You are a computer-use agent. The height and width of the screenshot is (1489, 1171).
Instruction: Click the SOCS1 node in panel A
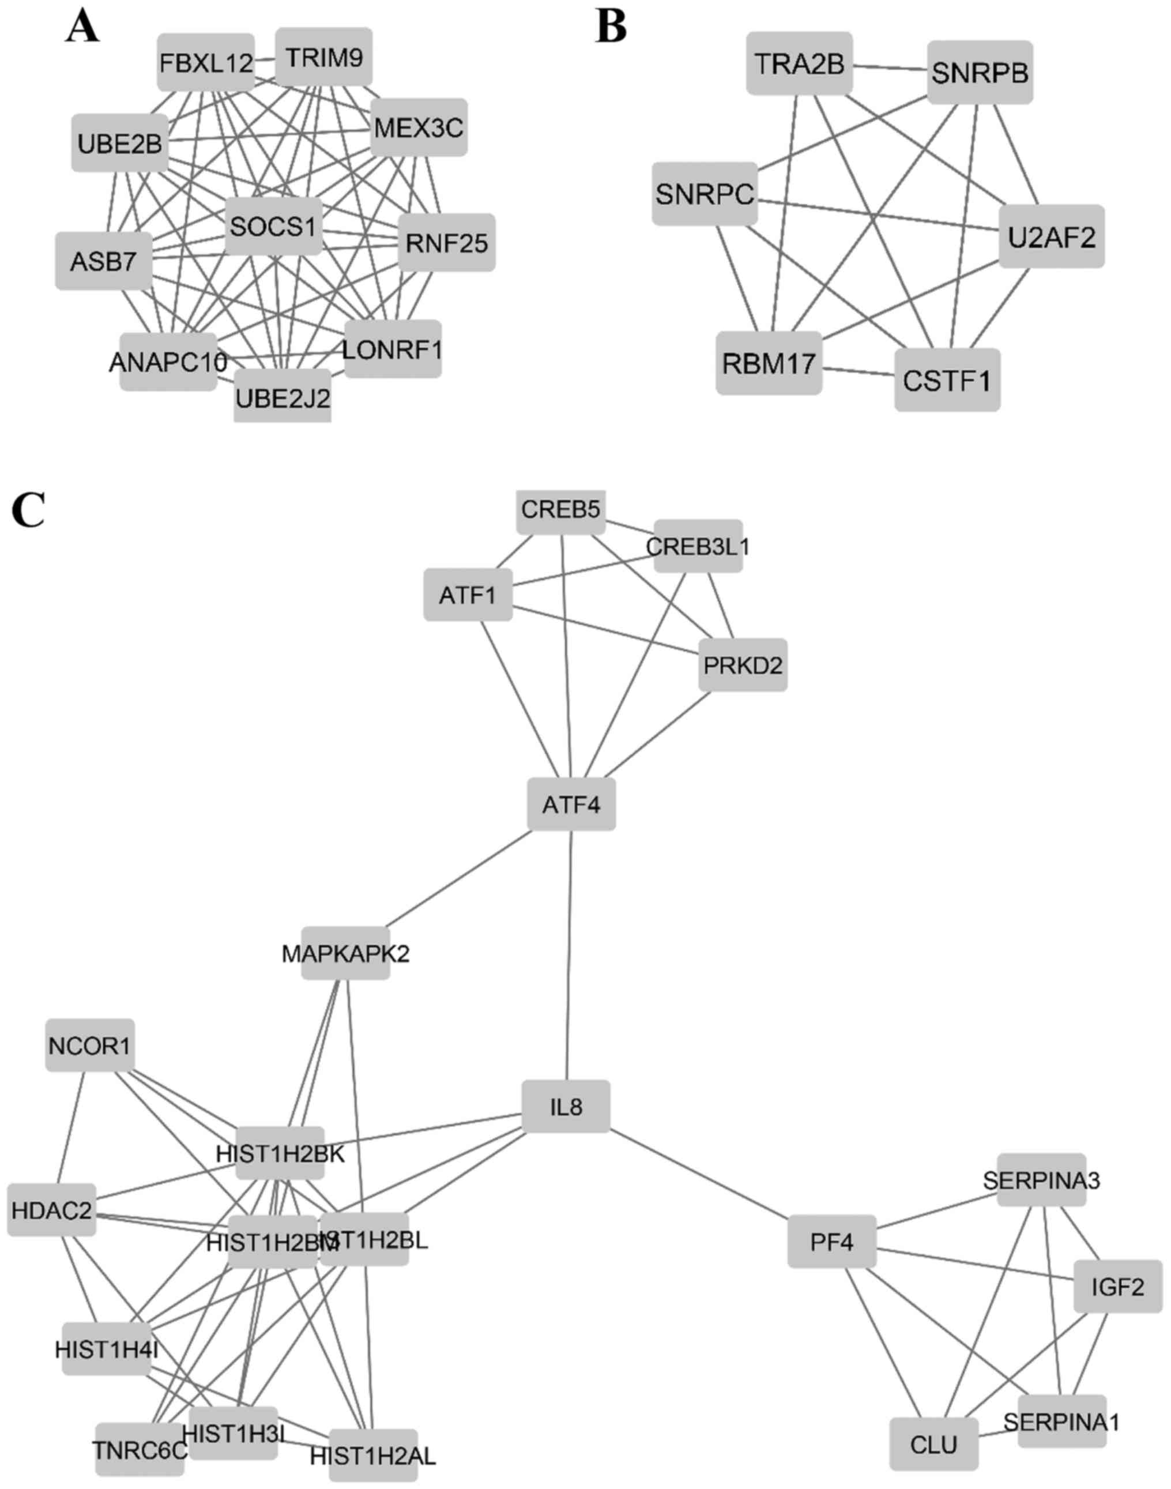(273, 226)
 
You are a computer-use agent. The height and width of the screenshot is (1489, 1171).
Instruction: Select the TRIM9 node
(323, 58)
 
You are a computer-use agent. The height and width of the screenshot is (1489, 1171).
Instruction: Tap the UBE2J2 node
(283, 396)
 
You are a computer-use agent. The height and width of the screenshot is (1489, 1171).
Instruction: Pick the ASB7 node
(104, 261)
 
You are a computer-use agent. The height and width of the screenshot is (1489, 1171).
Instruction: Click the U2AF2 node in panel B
(1051, 236)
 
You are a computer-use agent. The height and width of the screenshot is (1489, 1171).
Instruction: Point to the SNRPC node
(705, 194)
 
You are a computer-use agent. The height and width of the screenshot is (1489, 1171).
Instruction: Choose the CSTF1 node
(947, 381)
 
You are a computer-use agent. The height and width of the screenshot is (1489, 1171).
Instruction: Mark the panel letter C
(28, 511)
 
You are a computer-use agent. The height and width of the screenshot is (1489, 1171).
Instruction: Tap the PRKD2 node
(743, 665)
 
